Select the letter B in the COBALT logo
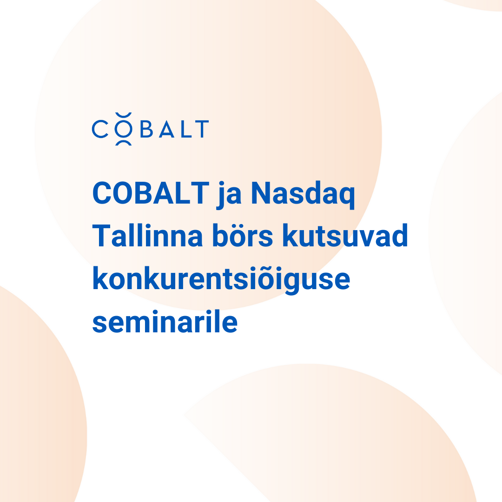(x=146, y=129)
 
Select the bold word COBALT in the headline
(x=151, y=193)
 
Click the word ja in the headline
(x=229, y=195)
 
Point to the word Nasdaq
(x=303, y=195)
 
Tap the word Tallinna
(x=147, y=235)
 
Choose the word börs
(x=243, y=235)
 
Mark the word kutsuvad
(x=345, y=235)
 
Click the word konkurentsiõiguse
(x=221, y=280)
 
